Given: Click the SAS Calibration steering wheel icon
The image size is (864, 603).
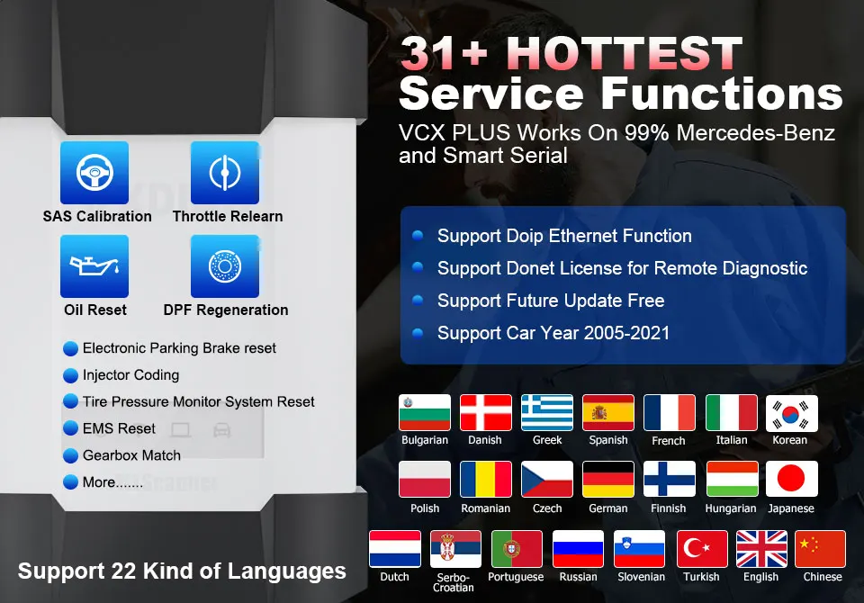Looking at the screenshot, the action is pos(94,173).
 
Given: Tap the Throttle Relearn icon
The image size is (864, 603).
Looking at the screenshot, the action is pos(225,173).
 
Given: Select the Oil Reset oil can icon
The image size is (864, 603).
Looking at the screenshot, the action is pos(94,266).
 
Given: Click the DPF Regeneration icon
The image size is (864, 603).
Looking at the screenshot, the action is pos(225,266).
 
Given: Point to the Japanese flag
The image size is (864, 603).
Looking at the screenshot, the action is pos(791,479).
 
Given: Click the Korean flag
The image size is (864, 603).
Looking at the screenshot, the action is pos(791,413).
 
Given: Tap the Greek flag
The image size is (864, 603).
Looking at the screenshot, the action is pos(547,412).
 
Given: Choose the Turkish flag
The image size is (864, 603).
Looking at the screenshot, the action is pos(702,548).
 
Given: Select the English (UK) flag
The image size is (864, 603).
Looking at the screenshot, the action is pos(761,548).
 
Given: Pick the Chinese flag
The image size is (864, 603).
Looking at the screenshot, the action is pos(821,548).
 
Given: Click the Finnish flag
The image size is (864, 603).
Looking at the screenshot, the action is pos(670,479).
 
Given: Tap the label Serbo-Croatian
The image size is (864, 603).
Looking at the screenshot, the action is pos(454,582).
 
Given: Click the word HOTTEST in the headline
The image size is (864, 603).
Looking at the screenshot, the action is pos(627,53).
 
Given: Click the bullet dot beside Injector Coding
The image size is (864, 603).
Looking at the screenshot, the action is pos(70,375).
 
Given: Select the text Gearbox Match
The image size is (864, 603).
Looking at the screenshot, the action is pos(131,455).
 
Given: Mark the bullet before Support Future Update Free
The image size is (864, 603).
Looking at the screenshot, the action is pos(418,301).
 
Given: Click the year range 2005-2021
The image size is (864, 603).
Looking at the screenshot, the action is pos(626,333).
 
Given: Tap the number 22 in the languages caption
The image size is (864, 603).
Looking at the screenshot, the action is pos(123,571).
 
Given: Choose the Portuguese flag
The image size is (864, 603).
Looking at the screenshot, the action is pos(517,548).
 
